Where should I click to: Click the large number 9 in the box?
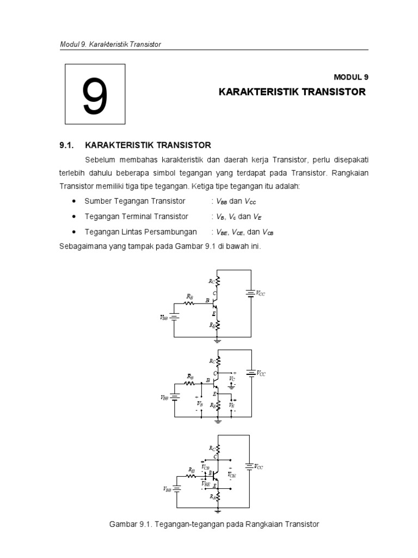tap(95, 96)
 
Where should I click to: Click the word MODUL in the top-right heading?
tap(346, 77)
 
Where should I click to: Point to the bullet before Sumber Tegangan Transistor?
tap(73, 202)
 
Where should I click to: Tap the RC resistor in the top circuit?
tap(217, 281)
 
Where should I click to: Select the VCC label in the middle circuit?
tap(261, 373)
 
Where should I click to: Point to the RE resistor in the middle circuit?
tap(218, 406)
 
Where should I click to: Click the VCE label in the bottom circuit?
tap(232, 474)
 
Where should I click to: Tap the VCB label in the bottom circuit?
tap(205, 467)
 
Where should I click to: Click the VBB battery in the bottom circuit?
tap(176, 489)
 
